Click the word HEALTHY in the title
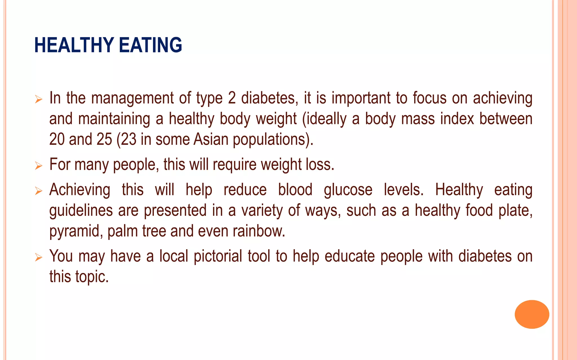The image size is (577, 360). click(x=74, y=45)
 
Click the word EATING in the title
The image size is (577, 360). click(x=150, y=45)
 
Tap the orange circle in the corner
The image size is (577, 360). click(x=532, y=314)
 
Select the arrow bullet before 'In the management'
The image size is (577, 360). click(x=39, y=99)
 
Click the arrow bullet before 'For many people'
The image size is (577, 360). click(x=39, y=166)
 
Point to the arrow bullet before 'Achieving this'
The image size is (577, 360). click(x=39, y=191)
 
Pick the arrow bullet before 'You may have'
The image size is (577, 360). click(x=39, y=257)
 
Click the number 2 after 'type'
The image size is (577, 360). click(x=232, y=98)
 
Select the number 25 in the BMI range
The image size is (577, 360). click(x=104, y=139)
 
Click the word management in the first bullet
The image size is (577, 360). click(x=132, y=99)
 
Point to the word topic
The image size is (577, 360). click(x=92, y=277)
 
